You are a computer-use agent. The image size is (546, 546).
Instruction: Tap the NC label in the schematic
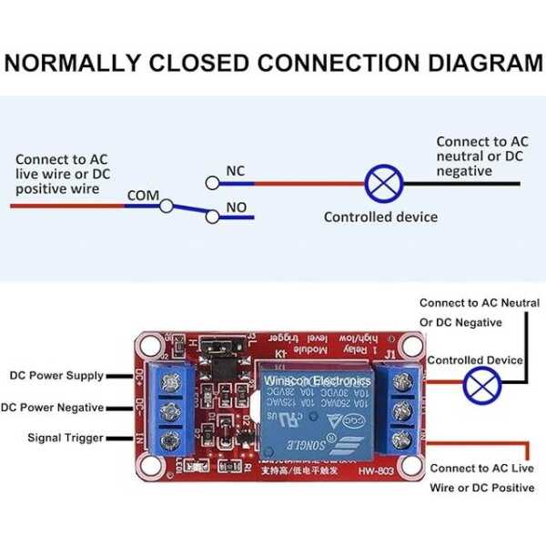(x=235, y=171)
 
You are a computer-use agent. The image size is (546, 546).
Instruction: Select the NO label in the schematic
(x=236, y=207)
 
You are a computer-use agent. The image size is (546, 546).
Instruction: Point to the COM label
(x=143, y=195)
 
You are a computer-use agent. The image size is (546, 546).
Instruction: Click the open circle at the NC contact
(x=212, y=182)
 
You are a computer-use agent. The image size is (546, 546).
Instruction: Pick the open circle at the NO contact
(x=212, y=217)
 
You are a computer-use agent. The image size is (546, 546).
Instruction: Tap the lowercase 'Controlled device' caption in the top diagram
(x=380, y=217)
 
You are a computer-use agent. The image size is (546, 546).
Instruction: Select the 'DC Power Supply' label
(x=56, y=375)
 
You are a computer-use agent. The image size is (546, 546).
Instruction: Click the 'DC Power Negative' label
(x=53, y=408)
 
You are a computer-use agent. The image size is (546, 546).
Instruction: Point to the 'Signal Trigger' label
(x=66, y=438)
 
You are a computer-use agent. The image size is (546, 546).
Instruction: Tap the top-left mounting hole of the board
(x=147, y=346)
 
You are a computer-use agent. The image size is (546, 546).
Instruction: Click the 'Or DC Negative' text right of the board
(x=460, y=322)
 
